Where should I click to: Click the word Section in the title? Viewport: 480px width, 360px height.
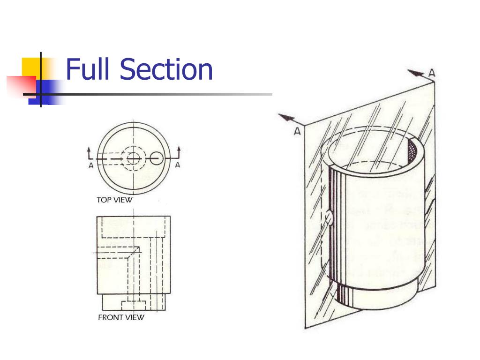tap(166, 69)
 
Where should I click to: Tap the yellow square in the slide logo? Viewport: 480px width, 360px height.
tap(31, 67)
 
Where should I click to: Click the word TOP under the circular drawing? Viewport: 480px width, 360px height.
tap(103, 200)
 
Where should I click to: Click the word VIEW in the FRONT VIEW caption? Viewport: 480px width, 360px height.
tap(135, 317)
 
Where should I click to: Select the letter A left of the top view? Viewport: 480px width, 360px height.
tap(91, 165)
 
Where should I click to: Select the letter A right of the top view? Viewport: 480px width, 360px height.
tap(178, 165)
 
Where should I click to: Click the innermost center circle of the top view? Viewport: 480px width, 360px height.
tap(133, 158)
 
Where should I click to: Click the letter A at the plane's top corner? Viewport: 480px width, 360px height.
tap(432, 73)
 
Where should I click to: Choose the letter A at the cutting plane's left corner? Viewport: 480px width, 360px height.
tap(297, 132)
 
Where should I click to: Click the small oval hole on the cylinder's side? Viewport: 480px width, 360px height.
tap(329, 218)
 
